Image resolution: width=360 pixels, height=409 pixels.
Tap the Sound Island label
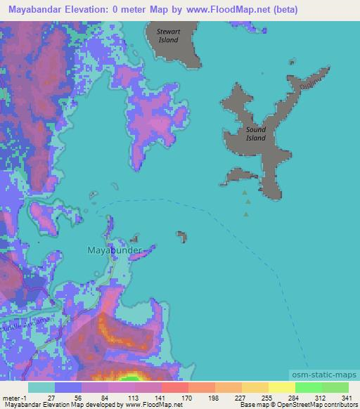[x=256, y=134]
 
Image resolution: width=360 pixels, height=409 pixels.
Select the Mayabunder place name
[x=113, y=249]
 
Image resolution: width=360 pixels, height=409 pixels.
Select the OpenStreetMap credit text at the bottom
[x=313, y=405]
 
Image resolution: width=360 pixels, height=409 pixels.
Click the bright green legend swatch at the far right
[x=335, y=387]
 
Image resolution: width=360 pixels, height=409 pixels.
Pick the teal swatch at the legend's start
[x=41, y=387]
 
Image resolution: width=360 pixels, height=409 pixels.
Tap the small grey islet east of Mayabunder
[x=182, y=236]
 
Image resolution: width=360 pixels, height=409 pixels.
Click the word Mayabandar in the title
[x=35, y=10]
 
